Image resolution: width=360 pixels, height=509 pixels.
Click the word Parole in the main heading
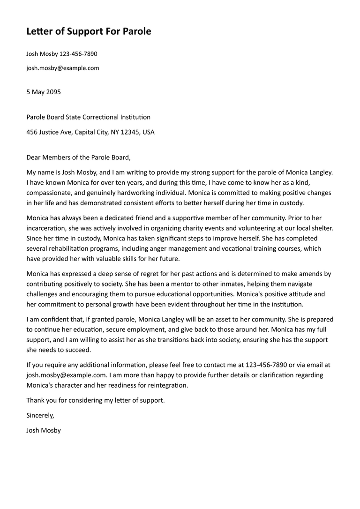[137, 31]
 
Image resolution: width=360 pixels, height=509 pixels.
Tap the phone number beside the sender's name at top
[79, 54]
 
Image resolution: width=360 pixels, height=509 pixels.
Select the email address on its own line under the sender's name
[63, 68]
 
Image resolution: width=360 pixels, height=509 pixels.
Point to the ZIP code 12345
[130, 132]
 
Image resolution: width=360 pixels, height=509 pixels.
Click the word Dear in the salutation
[34, 157]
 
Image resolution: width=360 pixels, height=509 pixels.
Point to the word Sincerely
[40, 415]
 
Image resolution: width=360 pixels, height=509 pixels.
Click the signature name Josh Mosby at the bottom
[44, 430]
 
